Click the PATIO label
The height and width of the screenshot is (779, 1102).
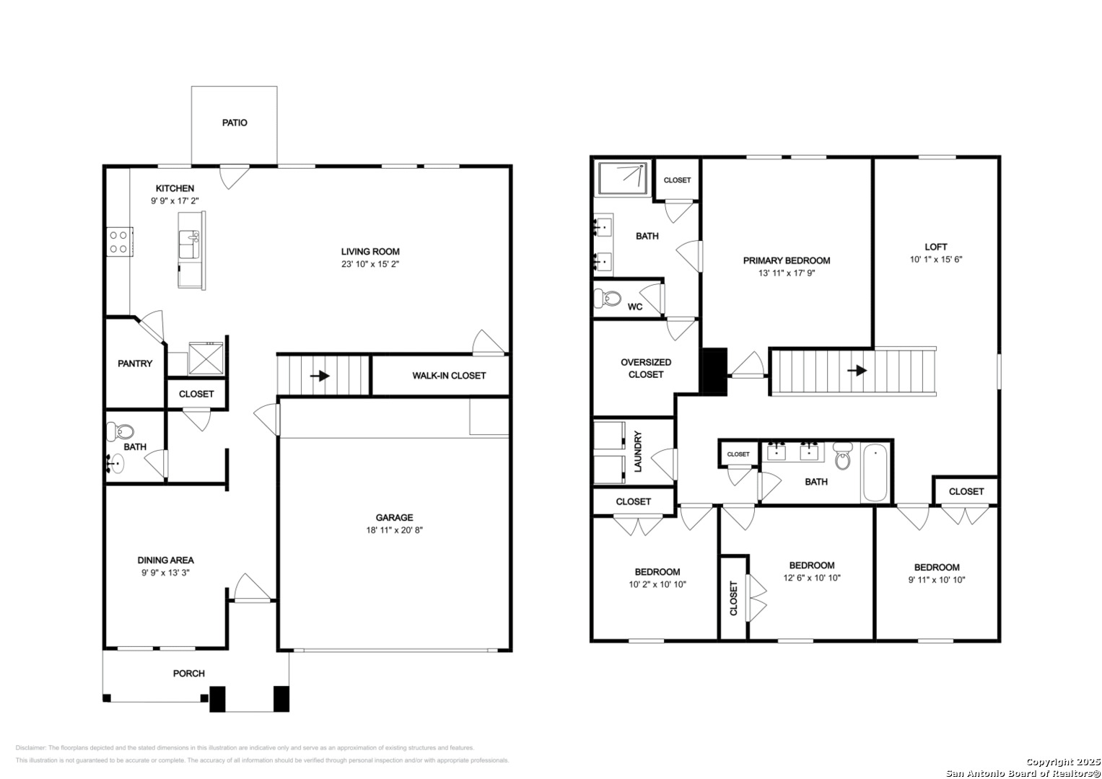coord(235,123)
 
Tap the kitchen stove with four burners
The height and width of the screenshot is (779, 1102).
coord(120,242)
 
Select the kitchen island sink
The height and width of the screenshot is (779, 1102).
coord(189,245)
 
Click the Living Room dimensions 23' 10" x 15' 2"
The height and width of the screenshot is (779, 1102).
coord(370,264)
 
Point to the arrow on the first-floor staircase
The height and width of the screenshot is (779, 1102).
coord(320,377)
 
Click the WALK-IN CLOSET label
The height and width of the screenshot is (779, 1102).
coord(449,376)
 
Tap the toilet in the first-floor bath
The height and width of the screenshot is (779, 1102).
coord(121,431)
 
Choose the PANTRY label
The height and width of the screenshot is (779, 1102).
coord(135,364)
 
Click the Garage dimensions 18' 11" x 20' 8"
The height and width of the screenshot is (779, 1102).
coord(394,530)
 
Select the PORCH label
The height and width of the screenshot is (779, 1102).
coord(189,673)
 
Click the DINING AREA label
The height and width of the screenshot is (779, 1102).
coord(165,560)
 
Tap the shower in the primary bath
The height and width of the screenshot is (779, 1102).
coord(623,178)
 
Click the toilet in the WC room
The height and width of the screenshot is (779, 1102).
coord(608,297)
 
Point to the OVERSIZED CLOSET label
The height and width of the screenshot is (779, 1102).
coord(645,369)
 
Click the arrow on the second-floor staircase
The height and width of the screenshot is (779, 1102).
coord(857,370)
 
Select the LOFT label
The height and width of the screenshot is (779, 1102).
coord(936,247)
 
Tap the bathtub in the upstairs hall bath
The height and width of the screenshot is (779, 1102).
coord(875,472)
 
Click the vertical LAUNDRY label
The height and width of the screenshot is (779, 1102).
coord(638,452)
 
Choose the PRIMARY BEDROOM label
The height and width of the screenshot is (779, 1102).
coord(787,260)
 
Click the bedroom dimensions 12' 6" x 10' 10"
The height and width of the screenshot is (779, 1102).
coord(812,578)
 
